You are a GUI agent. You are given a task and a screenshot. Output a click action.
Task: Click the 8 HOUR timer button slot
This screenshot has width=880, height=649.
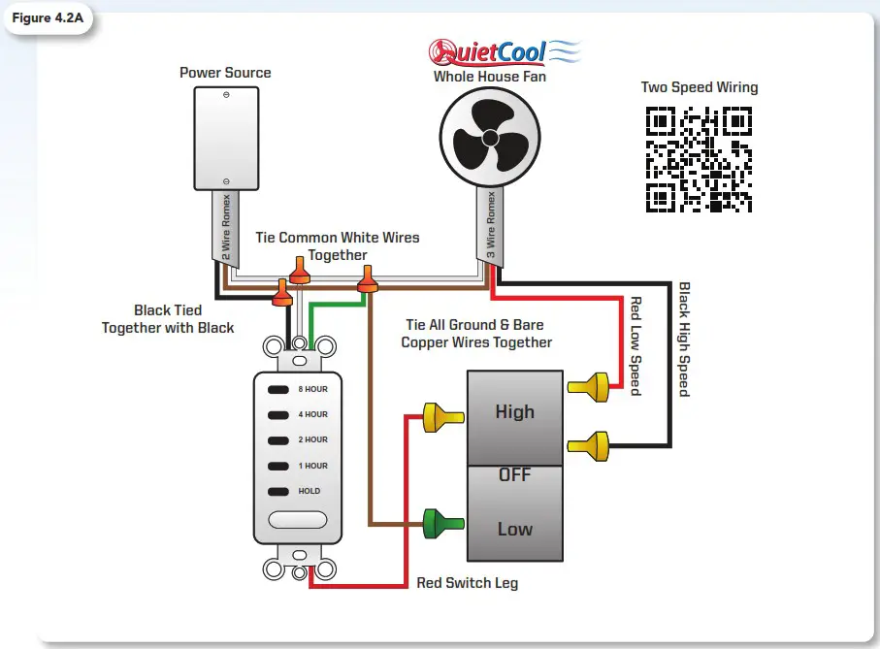coord(279,389)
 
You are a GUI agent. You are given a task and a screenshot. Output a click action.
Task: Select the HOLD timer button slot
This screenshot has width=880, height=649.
coord(279,491)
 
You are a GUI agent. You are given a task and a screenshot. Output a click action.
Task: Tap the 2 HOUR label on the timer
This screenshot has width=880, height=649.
coord(312,439)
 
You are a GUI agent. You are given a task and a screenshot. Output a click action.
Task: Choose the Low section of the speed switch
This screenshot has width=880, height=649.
coord(514,529)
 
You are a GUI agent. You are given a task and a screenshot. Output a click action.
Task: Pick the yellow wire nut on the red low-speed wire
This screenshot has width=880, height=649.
coord(589,388)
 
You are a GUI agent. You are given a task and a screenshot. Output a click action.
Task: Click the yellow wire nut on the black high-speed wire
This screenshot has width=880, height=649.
coord(589,446)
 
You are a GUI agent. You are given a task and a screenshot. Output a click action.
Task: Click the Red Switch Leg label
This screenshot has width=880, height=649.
coord(467,583)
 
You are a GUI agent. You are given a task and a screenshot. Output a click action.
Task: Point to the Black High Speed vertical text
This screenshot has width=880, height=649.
coord(683,340)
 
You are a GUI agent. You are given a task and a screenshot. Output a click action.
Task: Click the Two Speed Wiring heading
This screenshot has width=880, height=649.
coord(700,87)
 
